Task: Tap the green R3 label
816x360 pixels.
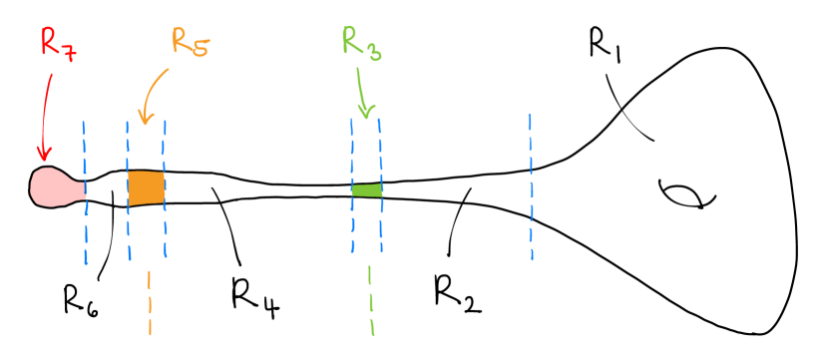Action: click(362, 42)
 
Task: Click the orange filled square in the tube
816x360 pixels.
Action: click(146, 187)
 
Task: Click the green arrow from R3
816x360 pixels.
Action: click(363, 95)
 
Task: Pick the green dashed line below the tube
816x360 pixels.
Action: click(371, 299)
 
